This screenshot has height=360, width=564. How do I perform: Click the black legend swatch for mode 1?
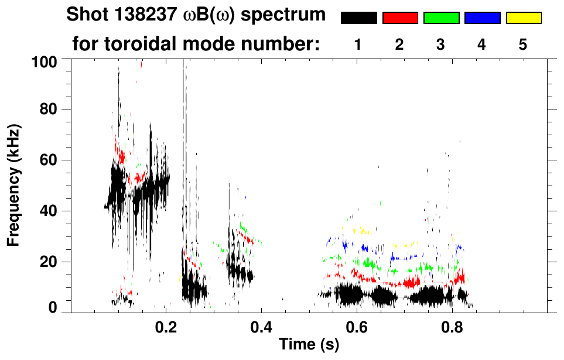[x=359, y=18]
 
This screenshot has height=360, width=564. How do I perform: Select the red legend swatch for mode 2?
[x=400, y=18]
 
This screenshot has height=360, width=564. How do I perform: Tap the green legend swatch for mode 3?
[x=441, y=18]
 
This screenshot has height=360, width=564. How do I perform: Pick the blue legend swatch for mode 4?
[x=482, y=18]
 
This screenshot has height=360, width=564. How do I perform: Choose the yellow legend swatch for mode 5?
[x=523, y=18]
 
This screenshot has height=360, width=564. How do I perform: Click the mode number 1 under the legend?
[x=358, y=44]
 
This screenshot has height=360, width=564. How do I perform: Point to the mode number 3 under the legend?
[x=440, y=44]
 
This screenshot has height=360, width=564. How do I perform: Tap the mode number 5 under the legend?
[x=523, y=44]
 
